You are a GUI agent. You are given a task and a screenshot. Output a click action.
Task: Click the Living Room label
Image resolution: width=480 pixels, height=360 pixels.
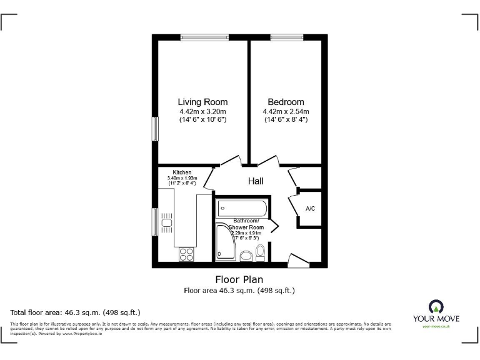[x=202, y=102]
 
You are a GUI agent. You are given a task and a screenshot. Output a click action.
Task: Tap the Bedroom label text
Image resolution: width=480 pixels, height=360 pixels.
[x=286, y=102]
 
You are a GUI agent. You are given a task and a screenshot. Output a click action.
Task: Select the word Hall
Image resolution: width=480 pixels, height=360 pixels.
[x=256, y=181]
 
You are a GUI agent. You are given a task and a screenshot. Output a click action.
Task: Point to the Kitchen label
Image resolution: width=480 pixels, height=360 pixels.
[x=182, y=172]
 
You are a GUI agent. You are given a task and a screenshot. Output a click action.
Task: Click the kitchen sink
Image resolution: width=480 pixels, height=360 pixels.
[x=167, y=222]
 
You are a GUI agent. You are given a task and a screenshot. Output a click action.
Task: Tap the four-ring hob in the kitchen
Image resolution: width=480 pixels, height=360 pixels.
[x=186, y=254]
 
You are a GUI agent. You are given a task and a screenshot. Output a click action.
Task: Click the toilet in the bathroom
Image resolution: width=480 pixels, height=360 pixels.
[x=261, y=252]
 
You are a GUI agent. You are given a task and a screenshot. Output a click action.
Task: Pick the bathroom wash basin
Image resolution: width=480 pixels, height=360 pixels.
[x=246, y=255]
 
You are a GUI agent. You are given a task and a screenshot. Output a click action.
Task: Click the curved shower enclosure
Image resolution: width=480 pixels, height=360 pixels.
[x=226, y=244]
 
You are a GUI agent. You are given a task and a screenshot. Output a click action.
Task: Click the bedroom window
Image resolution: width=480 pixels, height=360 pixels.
[x=286, y=37]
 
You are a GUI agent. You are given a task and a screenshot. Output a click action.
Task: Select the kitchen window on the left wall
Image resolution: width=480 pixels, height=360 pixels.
[x=155, y=222]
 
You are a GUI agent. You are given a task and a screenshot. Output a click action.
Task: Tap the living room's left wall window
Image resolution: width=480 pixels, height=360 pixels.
[x=155, y=130]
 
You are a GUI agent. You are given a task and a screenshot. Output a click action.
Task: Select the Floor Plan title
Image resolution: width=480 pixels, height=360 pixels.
[x=239, y=279]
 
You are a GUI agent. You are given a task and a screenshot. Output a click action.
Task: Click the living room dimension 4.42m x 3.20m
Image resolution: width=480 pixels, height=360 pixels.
[x=202, y=111]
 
